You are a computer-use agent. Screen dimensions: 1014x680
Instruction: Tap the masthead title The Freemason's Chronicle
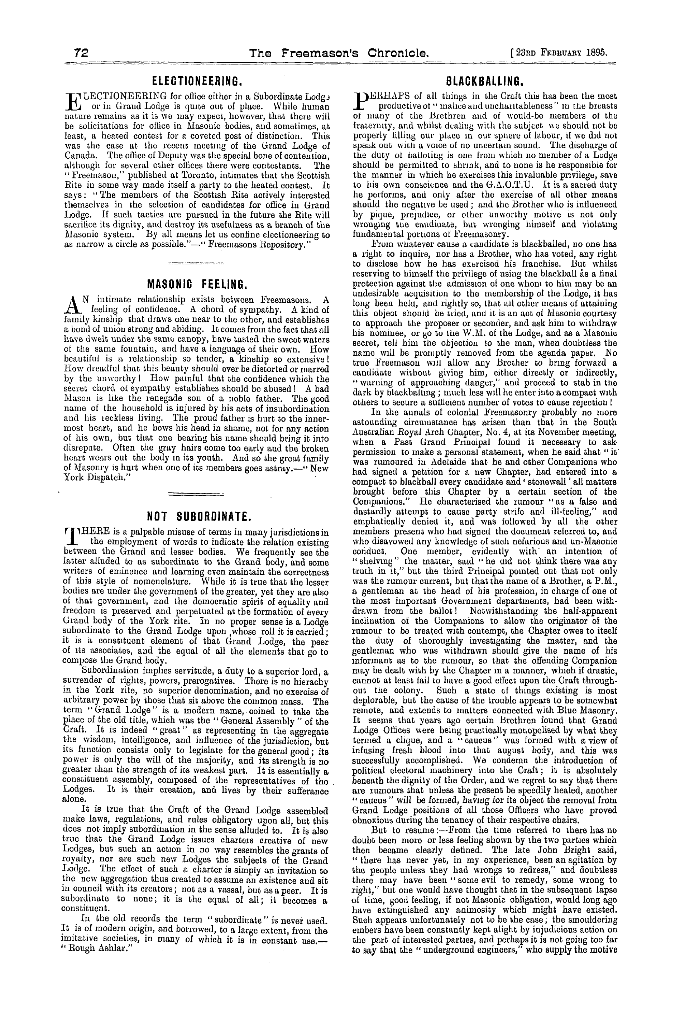point(339,53)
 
